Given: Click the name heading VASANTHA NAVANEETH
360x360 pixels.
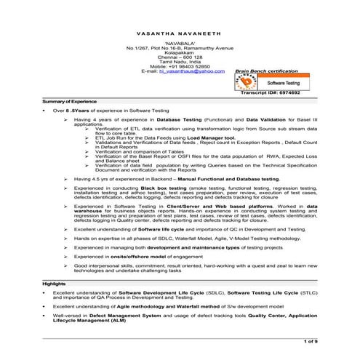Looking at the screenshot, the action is pos(180,35).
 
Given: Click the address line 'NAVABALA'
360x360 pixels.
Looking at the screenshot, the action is pos(180,44).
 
